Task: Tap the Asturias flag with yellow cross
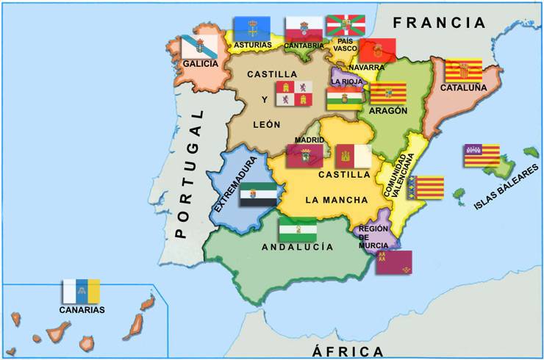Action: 251,29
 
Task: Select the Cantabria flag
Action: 304,29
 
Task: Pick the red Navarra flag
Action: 378,50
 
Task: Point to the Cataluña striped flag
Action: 463,71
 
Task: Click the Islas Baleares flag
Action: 482,155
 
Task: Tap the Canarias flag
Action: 82,291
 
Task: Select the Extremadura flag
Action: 258,194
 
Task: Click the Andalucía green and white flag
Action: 298,229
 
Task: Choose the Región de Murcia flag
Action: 393,262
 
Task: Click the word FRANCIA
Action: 440,23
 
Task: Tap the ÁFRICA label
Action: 348,350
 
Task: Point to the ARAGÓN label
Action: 387,111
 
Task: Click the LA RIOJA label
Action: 346,82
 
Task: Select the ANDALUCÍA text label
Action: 298,248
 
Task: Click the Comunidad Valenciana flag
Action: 426,187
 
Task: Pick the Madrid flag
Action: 304,156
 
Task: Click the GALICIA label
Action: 200,64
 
